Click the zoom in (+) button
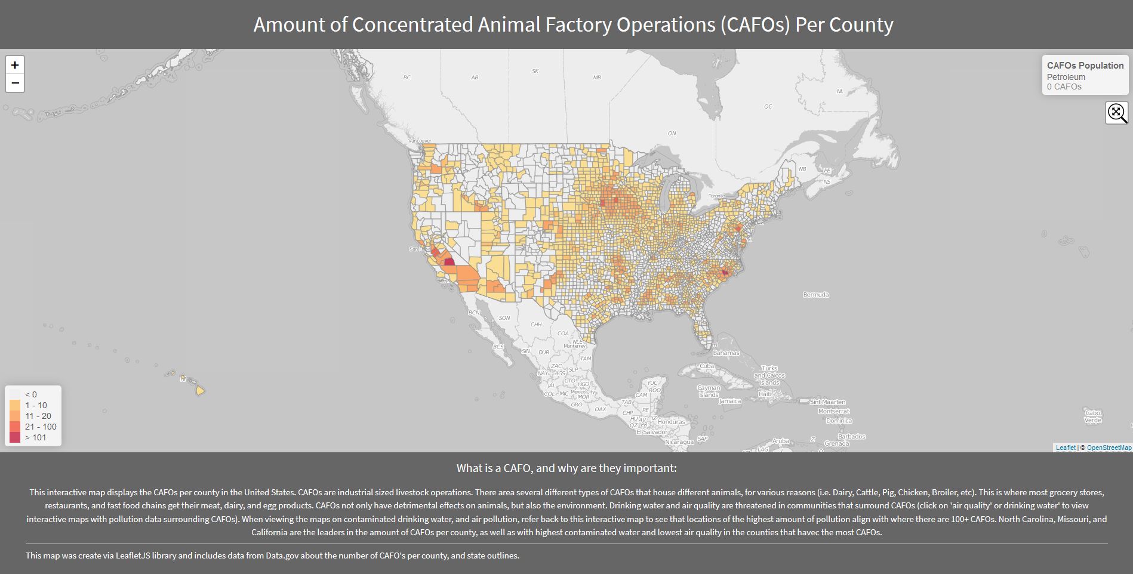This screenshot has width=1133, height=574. point(15,65)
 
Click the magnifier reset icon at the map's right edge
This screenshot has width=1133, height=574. point(1116,112)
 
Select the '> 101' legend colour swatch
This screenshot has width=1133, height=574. point(15,437)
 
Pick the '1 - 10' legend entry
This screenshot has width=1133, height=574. point(36,405)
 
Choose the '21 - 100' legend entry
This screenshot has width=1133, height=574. point(41,427)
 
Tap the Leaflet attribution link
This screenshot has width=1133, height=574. point(1066,448)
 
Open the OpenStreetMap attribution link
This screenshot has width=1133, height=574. point(1109,448)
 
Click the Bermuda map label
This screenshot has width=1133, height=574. point(815,295)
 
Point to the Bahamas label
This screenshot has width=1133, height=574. point(726,353)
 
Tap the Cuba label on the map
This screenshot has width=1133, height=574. point(707,366)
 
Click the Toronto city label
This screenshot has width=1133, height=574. point(716,196)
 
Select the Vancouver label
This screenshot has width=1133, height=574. point(420,141)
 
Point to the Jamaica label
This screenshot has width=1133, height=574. point(729,401)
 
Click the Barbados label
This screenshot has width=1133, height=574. point(851,436)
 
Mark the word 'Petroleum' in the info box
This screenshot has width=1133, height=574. point(1066,77)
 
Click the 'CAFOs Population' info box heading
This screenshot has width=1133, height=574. point(1085,66)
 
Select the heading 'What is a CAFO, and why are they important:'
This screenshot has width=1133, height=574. point(566,468)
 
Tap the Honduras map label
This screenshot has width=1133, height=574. point(672,421)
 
